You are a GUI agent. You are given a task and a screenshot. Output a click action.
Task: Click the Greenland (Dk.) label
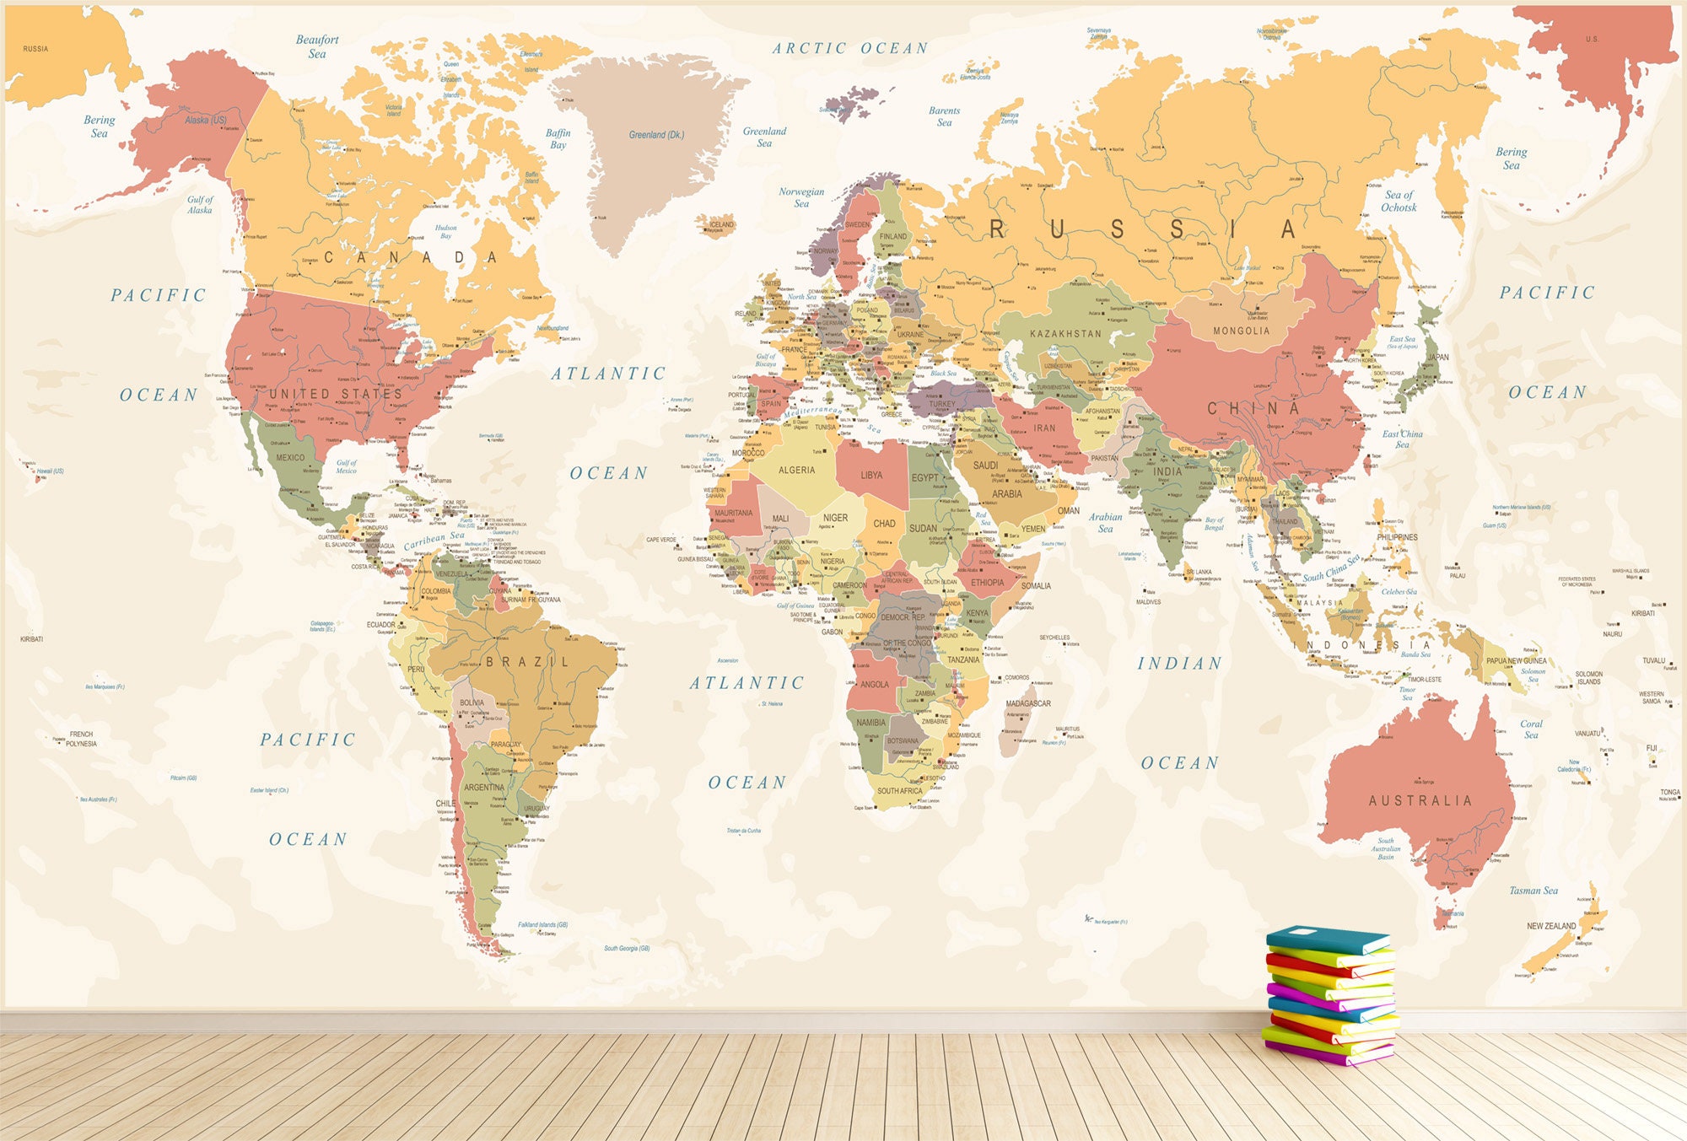pyautogui.click(x=656, y=135)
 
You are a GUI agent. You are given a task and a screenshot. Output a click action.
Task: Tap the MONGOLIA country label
pyautogui.click(x=1241, y=331)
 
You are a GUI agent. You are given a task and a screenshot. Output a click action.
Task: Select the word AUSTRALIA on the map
pyautogui.click(x=1420, y=800)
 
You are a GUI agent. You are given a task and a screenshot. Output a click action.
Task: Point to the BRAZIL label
pyautogui.click(x=528, y=662)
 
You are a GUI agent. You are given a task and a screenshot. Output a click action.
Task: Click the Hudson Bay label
pyautogui.click(x=445, y=232)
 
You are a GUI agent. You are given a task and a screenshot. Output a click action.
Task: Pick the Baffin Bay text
pyautogui.click(x=558, y=139)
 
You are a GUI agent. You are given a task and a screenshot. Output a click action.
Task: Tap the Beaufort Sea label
pyautogui.click(x=317, y=46)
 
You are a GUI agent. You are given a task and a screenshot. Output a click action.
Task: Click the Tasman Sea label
pyautogui.click(x=1533, y=891)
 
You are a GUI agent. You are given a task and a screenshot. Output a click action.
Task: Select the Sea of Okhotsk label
pyautogui.click(x=1399, y=201)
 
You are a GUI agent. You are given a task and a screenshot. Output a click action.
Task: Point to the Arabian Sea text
pyautogui.click(x=1105, y=523)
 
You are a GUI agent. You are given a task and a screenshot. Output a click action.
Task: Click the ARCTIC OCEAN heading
pyautogui.click(x=850, y=49)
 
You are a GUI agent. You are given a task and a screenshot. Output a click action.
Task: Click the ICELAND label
pyautogui.click(x=721, y=224)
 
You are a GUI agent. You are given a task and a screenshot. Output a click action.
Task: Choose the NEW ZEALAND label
pyautogui.click(x=1551, y=926)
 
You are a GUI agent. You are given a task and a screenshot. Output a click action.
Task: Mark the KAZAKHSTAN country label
pyautogui.click(x=1065, y=334)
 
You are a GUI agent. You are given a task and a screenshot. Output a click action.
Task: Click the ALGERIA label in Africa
pyautogui.click(x=796, y=471)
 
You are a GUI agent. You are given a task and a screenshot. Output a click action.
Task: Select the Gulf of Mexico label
pyautogui.click(x=347, y=466)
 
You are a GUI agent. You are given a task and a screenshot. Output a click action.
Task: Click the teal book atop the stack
pyautogui.click(x=1327, y=938)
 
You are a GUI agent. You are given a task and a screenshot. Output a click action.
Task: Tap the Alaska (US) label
pyautogui.click(x=206, y=121)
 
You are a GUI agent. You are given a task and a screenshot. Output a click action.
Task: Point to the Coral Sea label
pyautogui.click(x=1531, y=729)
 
